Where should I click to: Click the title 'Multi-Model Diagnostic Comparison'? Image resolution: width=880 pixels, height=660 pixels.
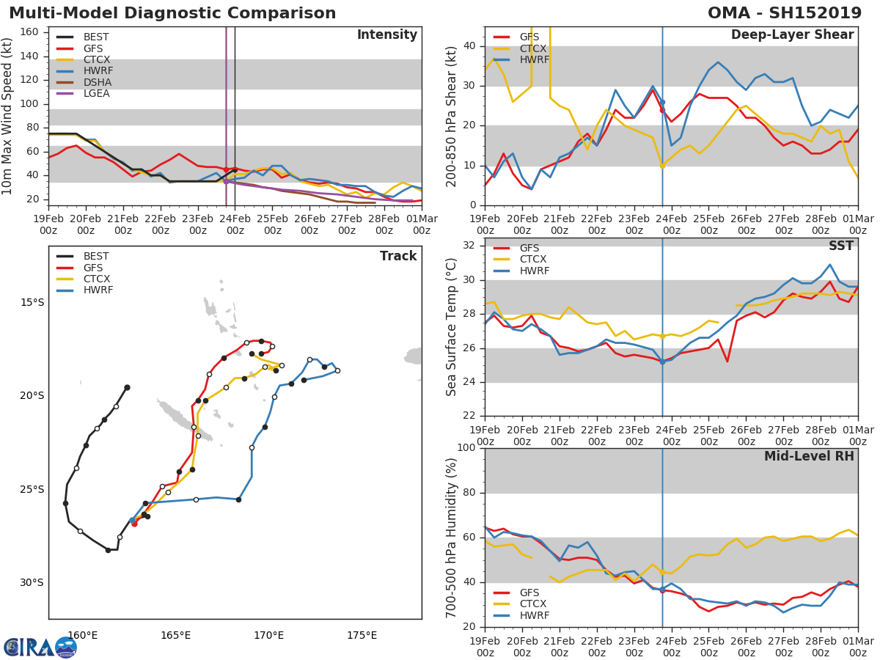(172, 13)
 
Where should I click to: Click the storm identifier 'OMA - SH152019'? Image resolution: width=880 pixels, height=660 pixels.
(784, 13)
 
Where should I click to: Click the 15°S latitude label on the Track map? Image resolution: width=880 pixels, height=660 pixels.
(32, 303)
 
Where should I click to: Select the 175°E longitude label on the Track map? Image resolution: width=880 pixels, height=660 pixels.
(362, 635)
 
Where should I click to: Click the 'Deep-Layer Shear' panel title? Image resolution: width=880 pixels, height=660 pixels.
(792, 35)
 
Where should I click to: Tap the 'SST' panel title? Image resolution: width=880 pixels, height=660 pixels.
(840, 246)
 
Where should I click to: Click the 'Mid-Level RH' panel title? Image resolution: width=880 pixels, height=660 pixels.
(809, 456)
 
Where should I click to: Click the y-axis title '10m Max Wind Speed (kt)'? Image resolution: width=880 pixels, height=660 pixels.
(8, 116)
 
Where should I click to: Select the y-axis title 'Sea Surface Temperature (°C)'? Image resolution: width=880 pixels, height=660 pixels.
(452, 327)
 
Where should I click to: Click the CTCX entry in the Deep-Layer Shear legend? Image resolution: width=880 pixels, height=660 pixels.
(534, 48)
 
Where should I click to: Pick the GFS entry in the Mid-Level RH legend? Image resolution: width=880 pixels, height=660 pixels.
(529, 593)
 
